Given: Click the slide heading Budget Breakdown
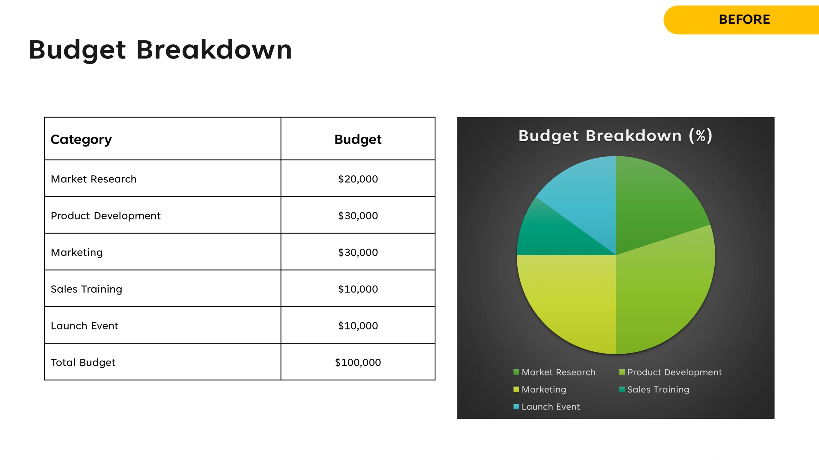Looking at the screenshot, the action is pyautogui.click(x=160, y=50).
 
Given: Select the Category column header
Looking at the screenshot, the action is pyautogui.click(x=81, y=140).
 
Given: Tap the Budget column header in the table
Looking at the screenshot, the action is pyautogui.click(x=358, y=140).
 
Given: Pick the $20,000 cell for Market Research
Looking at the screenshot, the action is pyautogui.click(x=358, y=179).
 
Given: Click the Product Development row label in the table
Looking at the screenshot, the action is pyautogui.click(x=106, y=216).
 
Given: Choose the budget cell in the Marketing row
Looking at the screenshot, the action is pyautogui.click(x=358, y=252).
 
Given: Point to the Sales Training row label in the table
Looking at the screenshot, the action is pyautogui.click(x=86, y=289).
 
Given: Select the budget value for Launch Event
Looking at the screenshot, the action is pyautogui.click(x=358, y=326).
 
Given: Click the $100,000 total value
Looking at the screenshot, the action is pyautogui.click(x=358, y=363).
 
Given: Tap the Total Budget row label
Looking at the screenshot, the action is pyautogui.click(x=83, y=363).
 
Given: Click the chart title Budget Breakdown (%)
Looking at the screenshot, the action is pyautogui.click(x=615, y=136).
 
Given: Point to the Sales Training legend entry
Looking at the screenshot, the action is pyautogui.click(x=654, y=390).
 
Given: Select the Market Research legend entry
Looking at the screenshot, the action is pyautogui.click(x=554, y=372).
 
